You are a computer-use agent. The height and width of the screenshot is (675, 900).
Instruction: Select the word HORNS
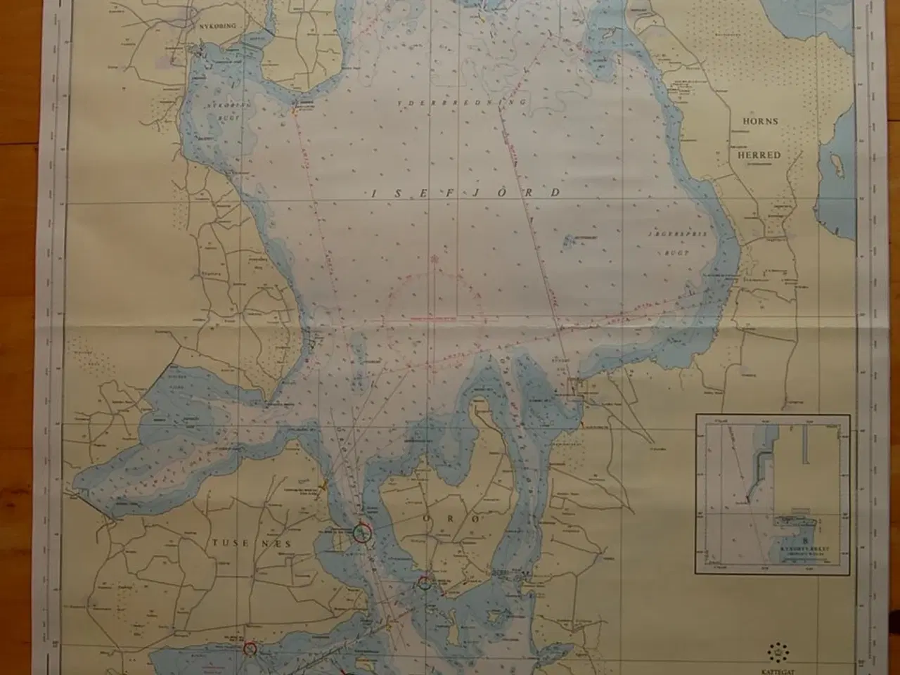pyautogui.click(x=761, y=121)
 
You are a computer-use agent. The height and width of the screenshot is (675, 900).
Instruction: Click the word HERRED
pyautogui.click(x=761, y=155)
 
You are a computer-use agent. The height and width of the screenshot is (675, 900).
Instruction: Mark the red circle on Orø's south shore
pyautogui.click(x=425, y=582)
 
